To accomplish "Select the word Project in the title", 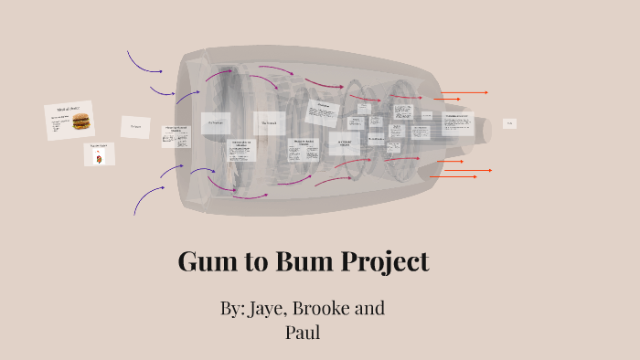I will pyautogui.click(x=385, y=263).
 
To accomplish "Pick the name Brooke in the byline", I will pyautogui.click(x=321, y=308).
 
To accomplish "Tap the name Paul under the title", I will pyautogui.click(x=304, y=332).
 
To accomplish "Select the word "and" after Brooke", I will pyautogui.click(x=369, y=308).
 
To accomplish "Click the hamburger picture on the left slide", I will pyautogui.click(x=81, y=121).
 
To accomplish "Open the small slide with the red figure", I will pyautogui.click(x=98, y=154).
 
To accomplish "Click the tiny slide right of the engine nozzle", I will pyautogui.click(x=509, y=123).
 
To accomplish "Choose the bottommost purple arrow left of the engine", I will pyautogui.click(x=145, y=198).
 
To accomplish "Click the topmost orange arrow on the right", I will pyautogui.click(x=466, y=92).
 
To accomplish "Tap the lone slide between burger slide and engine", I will pyautogui.click(x=135, y=126).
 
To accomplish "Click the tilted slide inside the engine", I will pyautogui.click(x=322, y=111).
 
